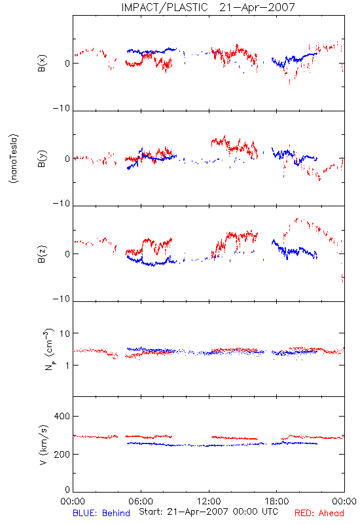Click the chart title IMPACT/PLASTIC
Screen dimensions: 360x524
(x=164, y=7)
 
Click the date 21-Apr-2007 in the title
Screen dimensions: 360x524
(x=257, y=7)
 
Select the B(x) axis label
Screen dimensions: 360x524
(x=42, y=63)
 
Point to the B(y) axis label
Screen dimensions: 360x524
(x=42, y=159)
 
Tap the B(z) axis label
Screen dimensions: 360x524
(x=42, y=254)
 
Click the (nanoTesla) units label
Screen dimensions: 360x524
(x=14, y=159)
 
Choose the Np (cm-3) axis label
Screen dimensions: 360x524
(x=49, y=349)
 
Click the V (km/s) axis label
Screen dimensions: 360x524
(x=44, y=445)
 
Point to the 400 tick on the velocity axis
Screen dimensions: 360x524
(x=62, y=417)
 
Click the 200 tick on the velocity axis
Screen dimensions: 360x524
(x=62, y=455)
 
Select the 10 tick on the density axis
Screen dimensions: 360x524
(x=65, y=333)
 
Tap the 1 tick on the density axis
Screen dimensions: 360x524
(x=67, y=365)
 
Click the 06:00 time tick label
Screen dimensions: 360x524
(x=141, y=501)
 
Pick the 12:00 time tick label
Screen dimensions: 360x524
(x=209, y=501)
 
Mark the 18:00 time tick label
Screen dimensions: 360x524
(x=277, y=501)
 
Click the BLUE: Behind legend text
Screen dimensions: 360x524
(x=101, y=513)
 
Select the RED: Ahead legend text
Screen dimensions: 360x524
(x=319, y=513)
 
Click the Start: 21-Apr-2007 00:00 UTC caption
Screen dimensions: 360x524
(x=208, y=512)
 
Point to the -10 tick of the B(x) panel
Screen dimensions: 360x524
(x=62, y=108)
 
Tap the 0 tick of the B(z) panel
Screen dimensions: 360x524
(x=67, y=254)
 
